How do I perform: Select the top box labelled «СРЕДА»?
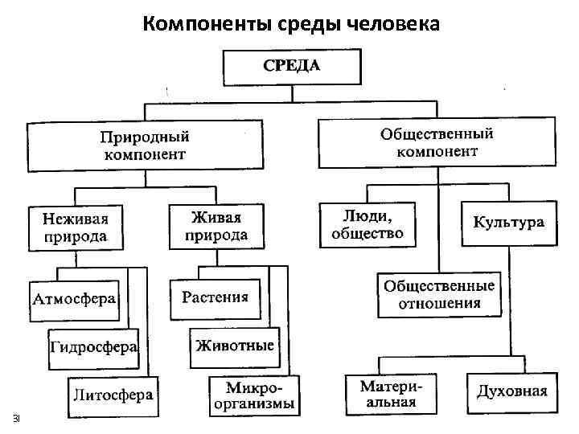click(x=291, y=66)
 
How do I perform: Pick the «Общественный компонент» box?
click(x=437, y=142)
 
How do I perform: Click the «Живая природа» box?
click(x=216, y=226)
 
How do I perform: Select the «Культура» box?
click(x=508, y=223)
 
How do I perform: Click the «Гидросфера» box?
click(x=93, y=348)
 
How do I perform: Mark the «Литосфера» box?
click(x=113, y=395)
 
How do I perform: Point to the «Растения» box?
click(x=215, y=298)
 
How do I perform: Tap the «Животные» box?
click(x=234, y=346)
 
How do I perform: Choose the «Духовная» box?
click(x=511, y=392)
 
